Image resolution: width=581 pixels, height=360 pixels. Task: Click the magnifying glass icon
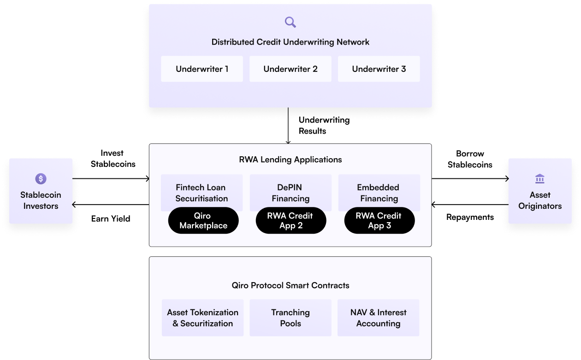coord(290,22)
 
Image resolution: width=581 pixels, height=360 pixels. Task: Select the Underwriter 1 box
coord(202,69)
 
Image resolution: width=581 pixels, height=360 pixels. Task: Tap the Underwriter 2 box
coord(290,69)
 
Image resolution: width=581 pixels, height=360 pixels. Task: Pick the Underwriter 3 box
coord(379,69)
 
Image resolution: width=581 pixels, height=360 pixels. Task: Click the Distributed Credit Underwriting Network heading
coord(290,42)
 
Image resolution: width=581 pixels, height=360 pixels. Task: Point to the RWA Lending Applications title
coord(290,159)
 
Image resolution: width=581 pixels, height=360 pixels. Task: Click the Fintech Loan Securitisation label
coord(202,193)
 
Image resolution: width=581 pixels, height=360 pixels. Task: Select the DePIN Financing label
coord(290,193)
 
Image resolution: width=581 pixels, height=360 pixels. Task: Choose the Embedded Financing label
coord(379,193)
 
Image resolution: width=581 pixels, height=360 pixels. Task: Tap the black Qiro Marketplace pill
coord(203,220)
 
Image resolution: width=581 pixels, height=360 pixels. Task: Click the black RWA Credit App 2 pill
coord(291,220)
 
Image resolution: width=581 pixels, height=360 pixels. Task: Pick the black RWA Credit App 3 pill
coord(379,220)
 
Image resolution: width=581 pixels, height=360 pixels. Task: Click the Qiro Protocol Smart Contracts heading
coord(290,285)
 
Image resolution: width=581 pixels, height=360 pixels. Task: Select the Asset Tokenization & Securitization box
coord(202,318)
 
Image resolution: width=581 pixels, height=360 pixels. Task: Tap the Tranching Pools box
coord(290,318)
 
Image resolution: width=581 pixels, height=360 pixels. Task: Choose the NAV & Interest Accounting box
coord(378,318)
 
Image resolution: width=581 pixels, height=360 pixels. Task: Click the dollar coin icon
coord(41,179)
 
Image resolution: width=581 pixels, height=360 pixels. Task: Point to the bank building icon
coord(539,179)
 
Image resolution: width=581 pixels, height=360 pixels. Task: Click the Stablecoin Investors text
coord(41,200)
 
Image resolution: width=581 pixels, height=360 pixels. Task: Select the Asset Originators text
coord(539,200)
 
